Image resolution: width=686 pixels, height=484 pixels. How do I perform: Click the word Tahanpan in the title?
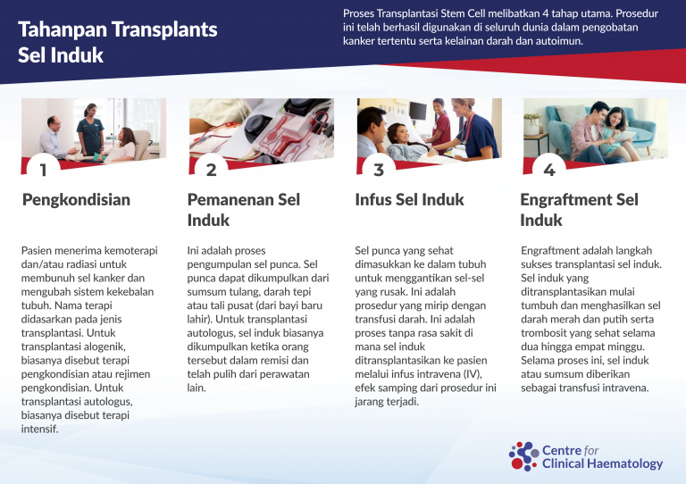click(63, 29)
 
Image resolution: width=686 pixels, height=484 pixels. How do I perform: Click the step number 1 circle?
click(43, 167)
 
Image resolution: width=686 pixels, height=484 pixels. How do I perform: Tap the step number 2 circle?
click(212, 167)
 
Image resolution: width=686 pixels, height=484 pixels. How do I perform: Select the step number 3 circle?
click(379, 167)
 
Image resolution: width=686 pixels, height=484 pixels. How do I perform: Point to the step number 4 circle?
click(549, 167)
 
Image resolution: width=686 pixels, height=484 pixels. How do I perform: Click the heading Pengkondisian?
click(77, 200)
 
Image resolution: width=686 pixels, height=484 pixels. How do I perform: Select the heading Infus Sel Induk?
click(409, 199)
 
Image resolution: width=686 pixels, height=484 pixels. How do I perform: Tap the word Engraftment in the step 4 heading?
click(566, 200)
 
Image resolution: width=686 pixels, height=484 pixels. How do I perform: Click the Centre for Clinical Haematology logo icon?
click(523, 456)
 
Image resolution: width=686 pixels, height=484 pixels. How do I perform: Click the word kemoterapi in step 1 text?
click(131, 251)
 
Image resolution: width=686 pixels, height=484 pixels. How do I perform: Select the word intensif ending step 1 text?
click(39, 429)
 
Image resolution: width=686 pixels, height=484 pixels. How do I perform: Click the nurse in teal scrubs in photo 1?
click(90, 129)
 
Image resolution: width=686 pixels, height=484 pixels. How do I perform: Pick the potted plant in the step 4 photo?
click(532, 124)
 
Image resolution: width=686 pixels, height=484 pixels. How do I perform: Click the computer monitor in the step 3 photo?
click(418, 111)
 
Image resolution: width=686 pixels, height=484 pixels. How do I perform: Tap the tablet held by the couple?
click(624, 137)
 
